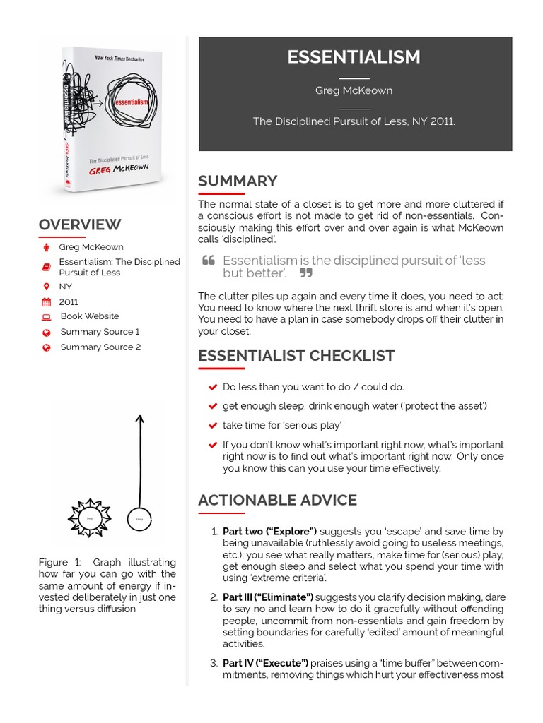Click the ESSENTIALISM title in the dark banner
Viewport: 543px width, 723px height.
354,57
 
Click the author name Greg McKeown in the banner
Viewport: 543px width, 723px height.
354,90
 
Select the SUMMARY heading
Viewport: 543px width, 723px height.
238,181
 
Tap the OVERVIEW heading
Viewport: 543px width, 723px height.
80,225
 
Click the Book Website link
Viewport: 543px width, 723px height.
89,316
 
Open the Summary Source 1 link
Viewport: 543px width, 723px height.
100,331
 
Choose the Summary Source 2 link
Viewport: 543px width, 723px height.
100,347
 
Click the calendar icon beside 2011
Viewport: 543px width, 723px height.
47,301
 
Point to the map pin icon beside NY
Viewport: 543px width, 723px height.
47,287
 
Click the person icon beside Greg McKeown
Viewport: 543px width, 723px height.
47,247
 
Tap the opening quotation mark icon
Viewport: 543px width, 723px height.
209,261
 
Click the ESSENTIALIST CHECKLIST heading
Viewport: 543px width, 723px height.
296,355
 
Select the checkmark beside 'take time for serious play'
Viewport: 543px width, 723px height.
212,426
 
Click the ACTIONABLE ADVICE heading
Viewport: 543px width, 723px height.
277,500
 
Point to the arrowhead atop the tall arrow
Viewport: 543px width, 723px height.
139,419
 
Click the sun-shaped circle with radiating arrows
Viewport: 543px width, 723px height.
89,518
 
